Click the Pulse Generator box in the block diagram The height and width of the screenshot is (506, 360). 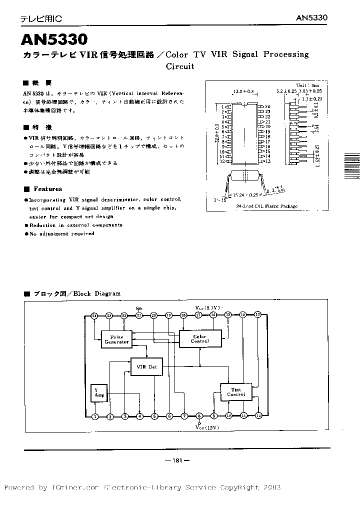pyautogui.click(x=116, y=339)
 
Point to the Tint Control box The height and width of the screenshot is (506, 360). pyautogui.click(x=236, y=391)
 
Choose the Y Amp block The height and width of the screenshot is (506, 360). pyautogui.click(x=97, y=393)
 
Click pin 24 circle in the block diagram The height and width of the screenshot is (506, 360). pyautogui.click(x=94, y=315)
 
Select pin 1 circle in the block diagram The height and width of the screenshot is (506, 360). pyautogui.click(x=94, y=416)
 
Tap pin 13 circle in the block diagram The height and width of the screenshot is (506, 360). pyautogui.click(x=258, y=314)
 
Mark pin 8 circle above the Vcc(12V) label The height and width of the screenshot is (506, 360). pyautogui.click(x=199, y=416)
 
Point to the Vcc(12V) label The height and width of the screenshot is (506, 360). pyautogui.click(x=207, y=427)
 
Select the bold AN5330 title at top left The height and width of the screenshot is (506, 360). pyautogui.click(x=54, y=40)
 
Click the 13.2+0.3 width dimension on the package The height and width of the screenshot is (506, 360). pyautogui.click(x=243, y=91)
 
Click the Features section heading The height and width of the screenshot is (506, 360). pyautogui.click(x=48, y=189)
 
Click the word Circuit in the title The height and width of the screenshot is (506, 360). pyautogui.click(x=179, y=66)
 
